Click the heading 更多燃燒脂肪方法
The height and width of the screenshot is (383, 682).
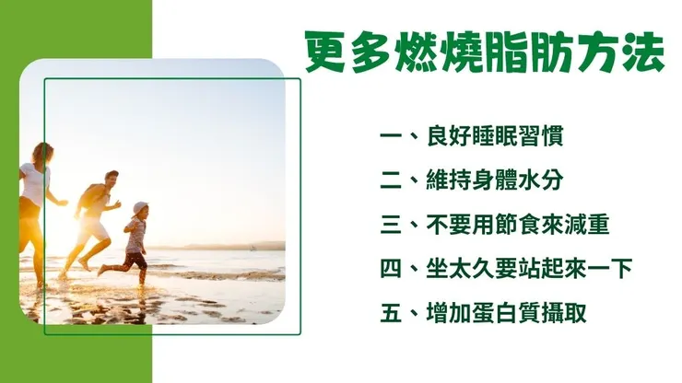click(x=483, y=54)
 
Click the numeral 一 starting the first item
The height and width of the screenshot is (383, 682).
click(x=393, y=138)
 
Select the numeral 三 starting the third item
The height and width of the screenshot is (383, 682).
click(x=393, y=225)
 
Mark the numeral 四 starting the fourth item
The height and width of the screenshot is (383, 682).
click(x=393, y=269)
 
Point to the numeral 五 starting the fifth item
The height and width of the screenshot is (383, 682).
click(x=393, y=313)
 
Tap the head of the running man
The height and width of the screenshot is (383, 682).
click(x=110, y=180)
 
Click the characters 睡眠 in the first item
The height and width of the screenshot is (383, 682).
click(x=497, y=137)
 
